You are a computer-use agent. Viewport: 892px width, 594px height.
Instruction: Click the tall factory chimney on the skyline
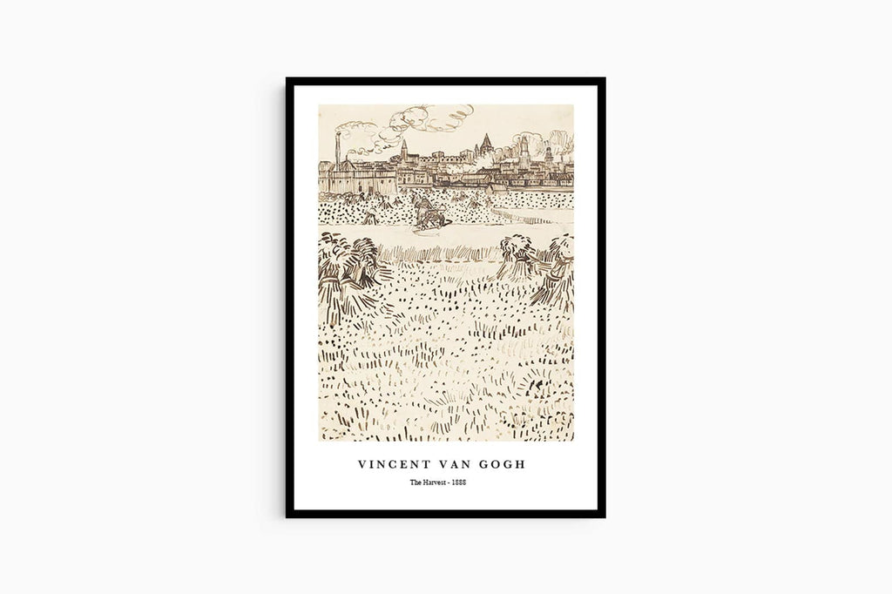point(337,150)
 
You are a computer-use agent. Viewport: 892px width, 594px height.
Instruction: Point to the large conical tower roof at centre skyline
point(485,143)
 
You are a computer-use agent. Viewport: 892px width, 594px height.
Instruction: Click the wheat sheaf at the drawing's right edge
point(557,270)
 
